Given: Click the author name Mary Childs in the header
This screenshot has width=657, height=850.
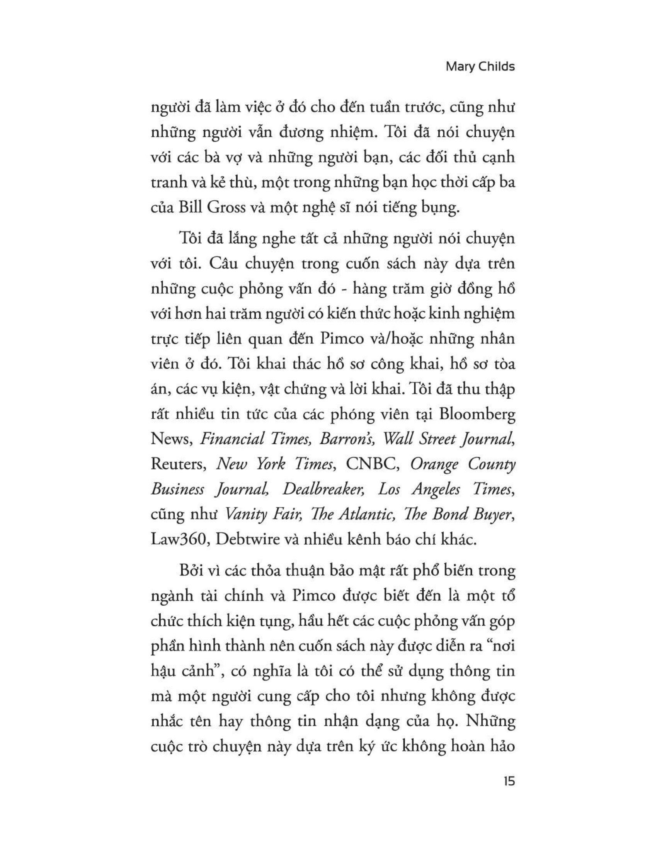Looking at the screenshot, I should pos(480,66).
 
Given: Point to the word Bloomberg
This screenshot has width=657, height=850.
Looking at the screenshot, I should pos(477,415).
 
